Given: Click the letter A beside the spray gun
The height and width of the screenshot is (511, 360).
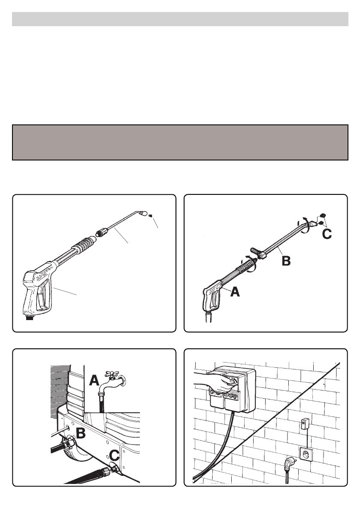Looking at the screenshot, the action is (235, 292).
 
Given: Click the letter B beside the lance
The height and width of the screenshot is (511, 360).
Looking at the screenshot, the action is (286, 261).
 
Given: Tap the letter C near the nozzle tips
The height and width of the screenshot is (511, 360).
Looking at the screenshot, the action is (327, 234).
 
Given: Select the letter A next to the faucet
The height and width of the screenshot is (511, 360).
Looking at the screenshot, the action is (94, 380).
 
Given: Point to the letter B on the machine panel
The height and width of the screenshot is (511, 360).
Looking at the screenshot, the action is (81, 433).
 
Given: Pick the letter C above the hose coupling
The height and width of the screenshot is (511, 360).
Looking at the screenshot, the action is (114, 455).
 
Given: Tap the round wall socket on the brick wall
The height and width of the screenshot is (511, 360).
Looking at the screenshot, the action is (306, 455).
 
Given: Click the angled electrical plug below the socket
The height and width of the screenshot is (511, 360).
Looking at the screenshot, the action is (288, 464).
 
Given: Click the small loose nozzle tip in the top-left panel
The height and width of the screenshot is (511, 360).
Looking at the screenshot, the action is (150, 215).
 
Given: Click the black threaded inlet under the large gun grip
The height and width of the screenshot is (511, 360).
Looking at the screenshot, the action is (30, 317).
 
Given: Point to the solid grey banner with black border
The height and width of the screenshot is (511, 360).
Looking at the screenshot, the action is (180, 142).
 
